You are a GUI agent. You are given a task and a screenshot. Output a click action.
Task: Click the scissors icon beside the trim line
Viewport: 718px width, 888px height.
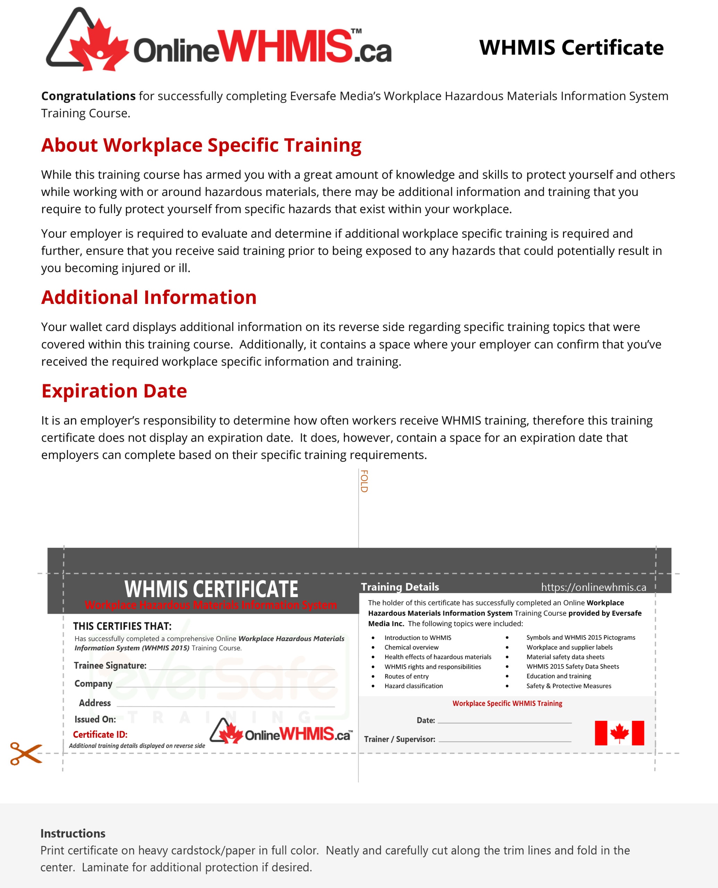26,753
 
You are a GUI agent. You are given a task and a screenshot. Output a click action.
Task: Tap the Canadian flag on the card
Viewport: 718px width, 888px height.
619,733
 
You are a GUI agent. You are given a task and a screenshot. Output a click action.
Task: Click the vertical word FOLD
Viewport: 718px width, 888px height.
364,481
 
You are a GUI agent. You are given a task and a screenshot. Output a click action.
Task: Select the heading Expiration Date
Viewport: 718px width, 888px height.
114,391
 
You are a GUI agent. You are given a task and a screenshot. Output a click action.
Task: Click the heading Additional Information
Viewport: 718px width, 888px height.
149,297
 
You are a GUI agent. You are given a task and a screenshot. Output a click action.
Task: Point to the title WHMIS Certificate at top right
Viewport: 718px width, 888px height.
571,48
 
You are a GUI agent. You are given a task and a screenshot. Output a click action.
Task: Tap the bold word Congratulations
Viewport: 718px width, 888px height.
88,96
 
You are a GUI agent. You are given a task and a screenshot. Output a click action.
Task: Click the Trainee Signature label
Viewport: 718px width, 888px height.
110,666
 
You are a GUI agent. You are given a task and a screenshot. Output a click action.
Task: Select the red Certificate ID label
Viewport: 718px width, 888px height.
100,735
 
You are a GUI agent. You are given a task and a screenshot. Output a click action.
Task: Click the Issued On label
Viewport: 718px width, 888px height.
95,719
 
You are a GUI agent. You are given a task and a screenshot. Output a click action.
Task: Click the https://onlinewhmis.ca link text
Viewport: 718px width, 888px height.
593,587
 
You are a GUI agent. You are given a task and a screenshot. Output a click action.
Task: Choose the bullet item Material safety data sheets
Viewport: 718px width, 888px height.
565,657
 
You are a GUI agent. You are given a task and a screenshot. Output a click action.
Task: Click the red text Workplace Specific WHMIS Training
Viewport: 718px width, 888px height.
507,703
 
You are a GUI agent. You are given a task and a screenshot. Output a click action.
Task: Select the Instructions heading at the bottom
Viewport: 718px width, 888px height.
73,834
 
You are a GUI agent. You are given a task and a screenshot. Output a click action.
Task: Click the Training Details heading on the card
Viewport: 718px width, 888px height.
400,587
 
